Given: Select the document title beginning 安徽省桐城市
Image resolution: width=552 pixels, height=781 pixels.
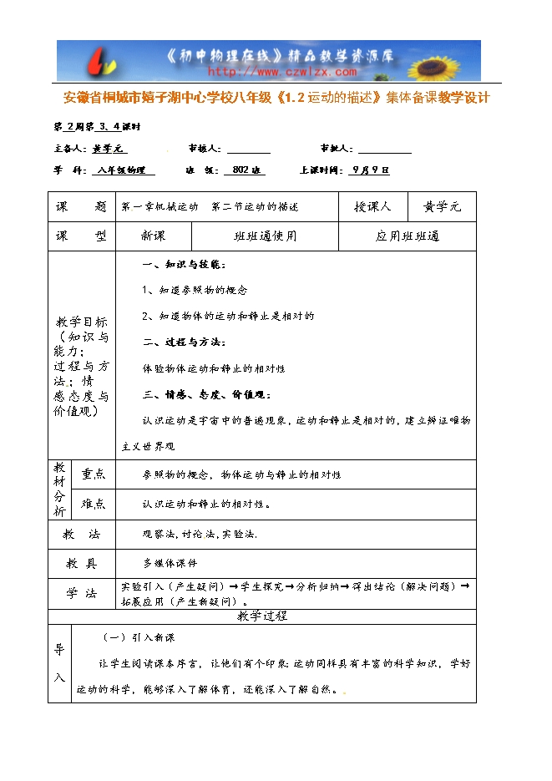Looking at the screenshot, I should tap(276, 98).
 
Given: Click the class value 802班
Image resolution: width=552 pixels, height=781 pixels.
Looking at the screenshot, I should tap(244, 170).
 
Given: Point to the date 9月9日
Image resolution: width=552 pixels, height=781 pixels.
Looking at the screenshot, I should tap(371, 170).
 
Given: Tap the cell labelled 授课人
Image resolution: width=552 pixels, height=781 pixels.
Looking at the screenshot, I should tap(372, 206).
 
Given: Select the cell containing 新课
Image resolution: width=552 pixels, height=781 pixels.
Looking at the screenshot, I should tap(154, 236).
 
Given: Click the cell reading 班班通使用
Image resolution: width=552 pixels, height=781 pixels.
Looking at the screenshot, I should tap(265, 236).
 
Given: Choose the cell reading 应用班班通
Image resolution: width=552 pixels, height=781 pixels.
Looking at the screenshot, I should tap(407, 236).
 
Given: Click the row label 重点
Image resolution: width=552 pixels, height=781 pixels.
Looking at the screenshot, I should tap(94, 474).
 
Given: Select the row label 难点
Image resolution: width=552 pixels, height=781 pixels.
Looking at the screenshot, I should tap(94, 504).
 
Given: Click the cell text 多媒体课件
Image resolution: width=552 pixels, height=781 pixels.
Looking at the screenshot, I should tap(170, 563).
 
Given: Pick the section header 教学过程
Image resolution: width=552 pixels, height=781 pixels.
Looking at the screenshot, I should tap(262, 616).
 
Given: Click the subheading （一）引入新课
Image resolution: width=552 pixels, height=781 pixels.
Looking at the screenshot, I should tap(138, 637).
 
